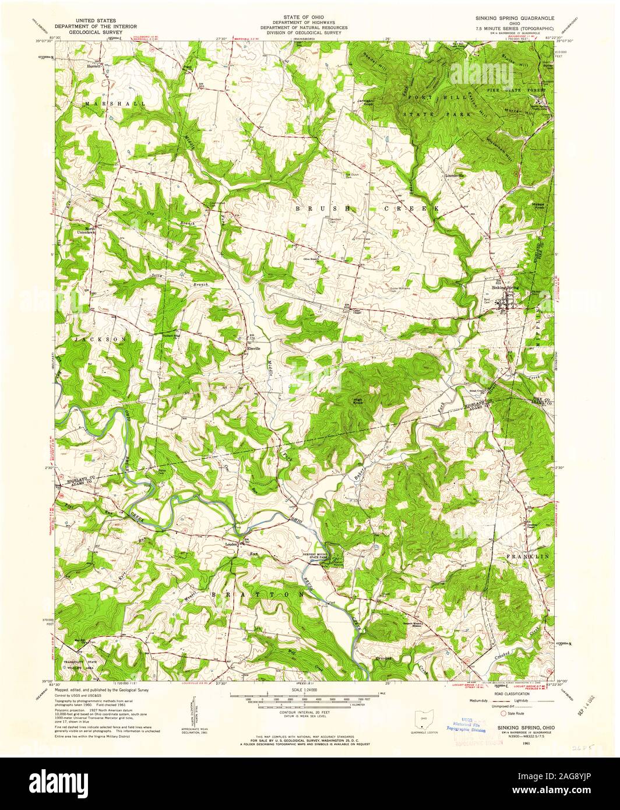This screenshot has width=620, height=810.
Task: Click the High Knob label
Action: tap(357, 402)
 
